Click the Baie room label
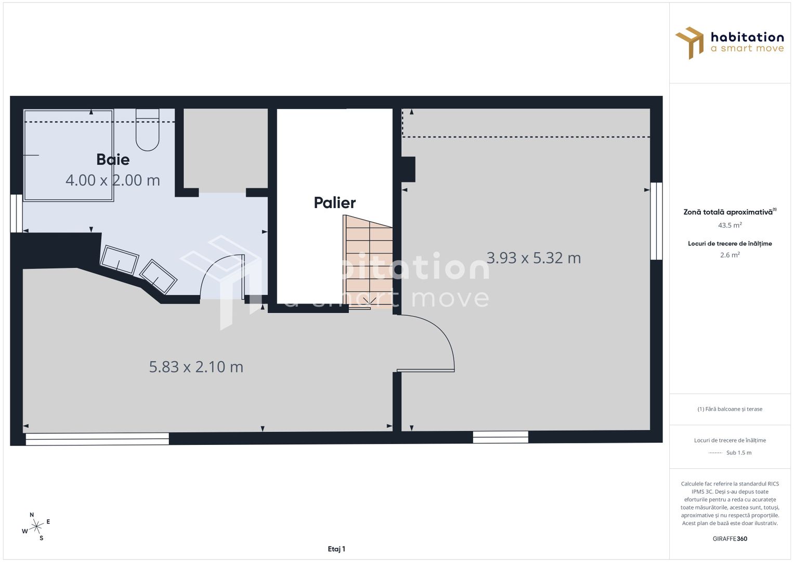point(113,159)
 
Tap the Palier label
point(334,202)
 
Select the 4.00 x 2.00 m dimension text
point(112,180)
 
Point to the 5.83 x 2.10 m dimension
point(196,367)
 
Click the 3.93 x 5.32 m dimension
point(533,258)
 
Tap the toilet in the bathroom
point(147,130)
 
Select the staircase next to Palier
point(367,263)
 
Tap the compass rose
point(36,527)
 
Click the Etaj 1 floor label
point(336,548)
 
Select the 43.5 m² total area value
point(730,225)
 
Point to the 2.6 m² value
point(730,255)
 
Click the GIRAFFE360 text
point(730,539)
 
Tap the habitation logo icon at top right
point(689,43)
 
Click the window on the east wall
point(656,221)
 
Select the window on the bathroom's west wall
point(16,213)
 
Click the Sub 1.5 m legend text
point(738,453)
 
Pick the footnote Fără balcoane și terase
point(730,409)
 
